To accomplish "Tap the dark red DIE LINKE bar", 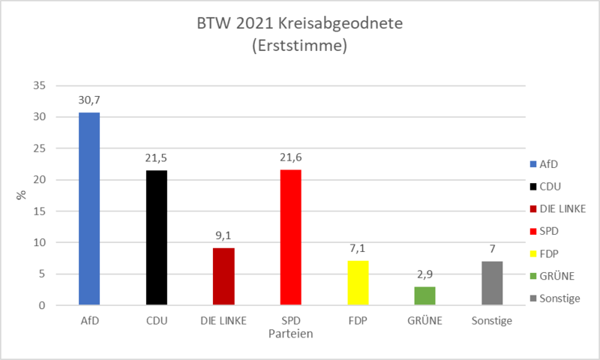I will (x=223, y=277).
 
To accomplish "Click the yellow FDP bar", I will (x=358, y=283).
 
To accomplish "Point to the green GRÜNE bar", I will (x=424, y=296).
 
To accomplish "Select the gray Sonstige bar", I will (x=492, y=283).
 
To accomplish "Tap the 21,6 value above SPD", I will (x=290, y=158).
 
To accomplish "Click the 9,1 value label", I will (x=223, y=236).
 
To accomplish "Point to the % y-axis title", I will (x=22, y=195).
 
